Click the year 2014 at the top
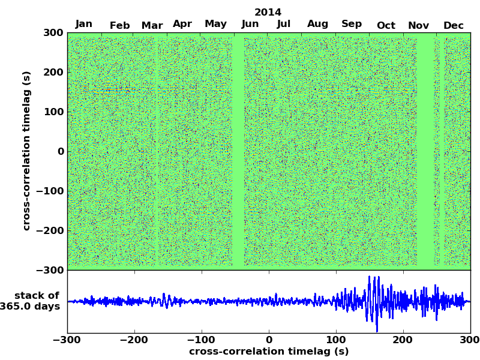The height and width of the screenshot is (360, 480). (268, 12)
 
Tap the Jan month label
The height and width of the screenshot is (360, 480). (84, 24)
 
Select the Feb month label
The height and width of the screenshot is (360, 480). (119, 25)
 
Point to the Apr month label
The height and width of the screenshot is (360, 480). (182, 24)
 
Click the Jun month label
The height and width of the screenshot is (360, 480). (250, 24)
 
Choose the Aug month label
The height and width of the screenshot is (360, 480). (317, 24)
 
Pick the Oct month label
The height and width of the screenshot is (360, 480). (386, 25)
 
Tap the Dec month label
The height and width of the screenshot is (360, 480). (453, 25)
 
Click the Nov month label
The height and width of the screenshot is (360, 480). (418, 25)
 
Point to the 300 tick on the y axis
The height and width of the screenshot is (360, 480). (53, 32)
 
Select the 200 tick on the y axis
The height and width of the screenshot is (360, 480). (53, 72)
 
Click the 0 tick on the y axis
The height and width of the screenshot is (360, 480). (61, 151)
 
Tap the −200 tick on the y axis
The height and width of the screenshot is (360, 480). (50, 230)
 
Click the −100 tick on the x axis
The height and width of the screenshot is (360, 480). (201, 340)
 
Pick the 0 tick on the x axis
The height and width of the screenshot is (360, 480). (269, 340)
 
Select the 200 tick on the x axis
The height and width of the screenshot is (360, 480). (403, 340)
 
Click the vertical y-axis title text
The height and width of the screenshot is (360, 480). (26, 151)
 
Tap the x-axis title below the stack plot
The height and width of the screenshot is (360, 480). (269, 352)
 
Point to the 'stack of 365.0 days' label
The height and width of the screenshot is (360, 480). (33, 301)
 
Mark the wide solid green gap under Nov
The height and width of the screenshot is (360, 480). (425, 150)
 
